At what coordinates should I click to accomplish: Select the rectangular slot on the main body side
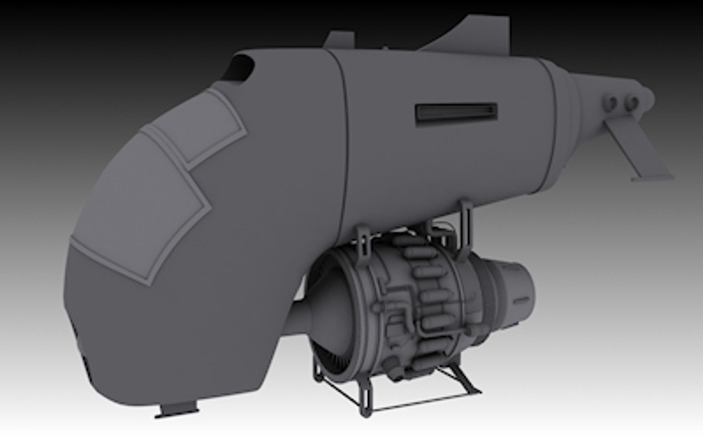point(456,112)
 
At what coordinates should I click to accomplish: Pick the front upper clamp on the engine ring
point(364,240)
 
